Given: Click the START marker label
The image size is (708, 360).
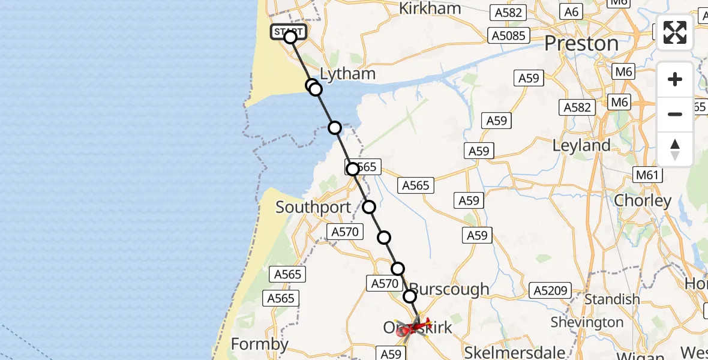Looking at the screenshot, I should [x=289, y=31].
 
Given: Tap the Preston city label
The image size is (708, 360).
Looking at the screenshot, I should [x=581, y=44].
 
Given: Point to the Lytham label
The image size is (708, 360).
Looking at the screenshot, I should [x=348, y=74].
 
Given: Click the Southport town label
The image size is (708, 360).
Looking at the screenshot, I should [x=313, y=208].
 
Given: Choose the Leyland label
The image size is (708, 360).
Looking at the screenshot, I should [x=581, y=146].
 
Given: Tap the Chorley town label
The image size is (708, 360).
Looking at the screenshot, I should [x=642, y=200].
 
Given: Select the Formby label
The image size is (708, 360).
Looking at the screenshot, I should [x=260, y=344].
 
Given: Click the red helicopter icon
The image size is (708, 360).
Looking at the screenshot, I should [x=413, y=328].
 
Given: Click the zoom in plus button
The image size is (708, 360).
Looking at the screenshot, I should [x=675, y=79].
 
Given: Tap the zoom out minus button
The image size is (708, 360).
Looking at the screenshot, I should [x=675, y=114].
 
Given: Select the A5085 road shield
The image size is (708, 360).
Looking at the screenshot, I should [x=508, y=35].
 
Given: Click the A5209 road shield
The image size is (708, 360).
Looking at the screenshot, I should [x=549, y=291].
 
